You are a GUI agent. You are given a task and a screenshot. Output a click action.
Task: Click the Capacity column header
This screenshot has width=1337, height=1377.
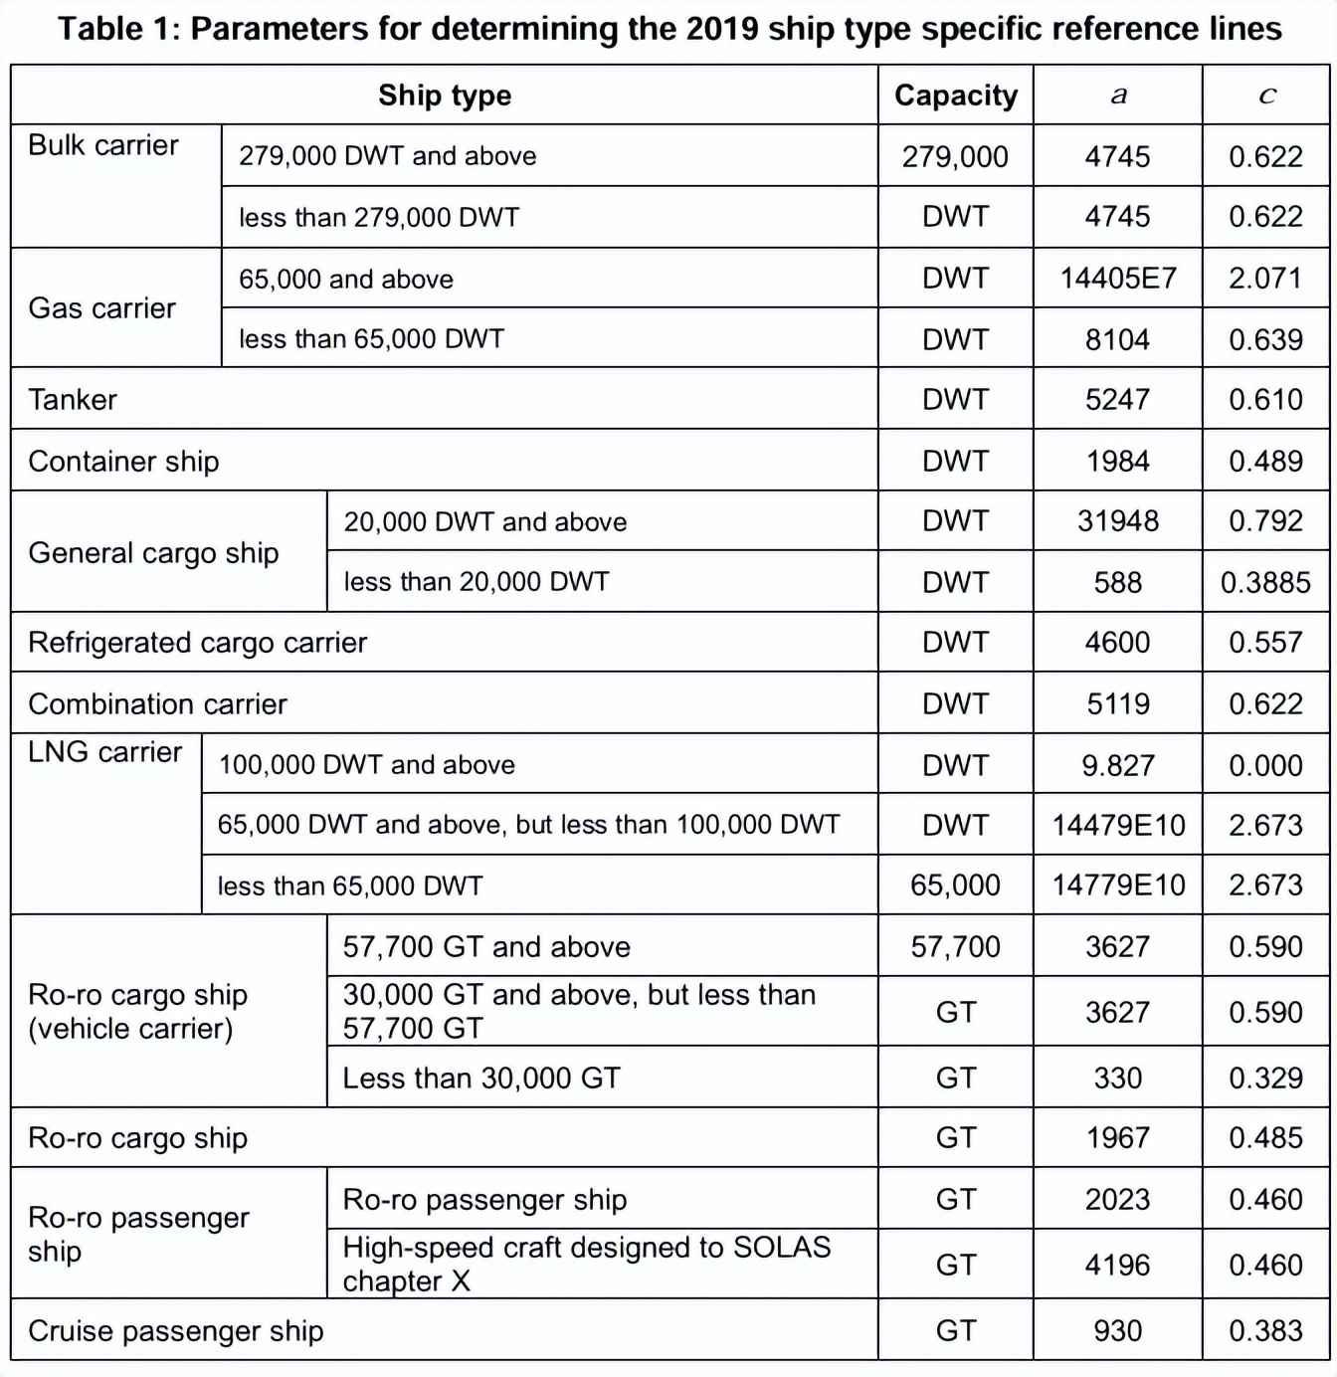955,96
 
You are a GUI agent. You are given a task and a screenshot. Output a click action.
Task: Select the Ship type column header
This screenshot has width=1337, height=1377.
445,96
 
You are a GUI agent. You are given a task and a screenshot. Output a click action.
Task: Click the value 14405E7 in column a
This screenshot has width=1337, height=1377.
1117,279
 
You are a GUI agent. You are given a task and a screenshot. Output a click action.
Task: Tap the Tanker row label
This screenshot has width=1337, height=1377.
73,400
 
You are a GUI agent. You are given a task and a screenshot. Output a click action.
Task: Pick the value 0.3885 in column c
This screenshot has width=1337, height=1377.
1265,582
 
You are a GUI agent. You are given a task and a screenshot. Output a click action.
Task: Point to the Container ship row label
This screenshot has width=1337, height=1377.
123,462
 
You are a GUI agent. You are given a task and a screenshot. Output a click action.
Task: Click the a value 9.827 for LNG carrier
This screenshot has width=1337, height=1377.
1117,765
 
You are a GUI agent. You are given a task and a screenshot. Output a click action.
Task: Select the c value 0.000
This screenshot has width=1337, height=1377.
1265,765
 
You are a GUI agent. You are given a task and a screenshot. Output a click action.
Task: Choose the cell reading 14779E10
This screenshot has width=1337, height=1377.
1118,885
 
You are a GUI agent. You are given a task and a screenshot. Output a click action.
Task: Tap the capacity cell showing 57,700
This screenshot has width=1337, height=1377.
955,946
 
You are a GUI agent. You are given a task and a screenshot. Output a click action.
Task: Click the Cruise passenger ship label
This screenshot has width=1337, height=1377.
176,1331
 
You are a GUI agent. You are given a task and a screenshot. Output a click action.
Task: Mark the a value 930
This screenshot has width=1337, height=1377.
1117,1331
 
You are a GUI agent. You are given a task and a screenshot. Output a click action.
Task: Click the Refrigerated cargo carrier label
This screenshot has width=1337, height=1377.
197,643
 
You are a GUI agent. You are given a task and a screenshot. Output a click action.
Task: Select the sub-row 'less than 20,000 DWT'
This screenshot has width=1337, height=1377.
476,582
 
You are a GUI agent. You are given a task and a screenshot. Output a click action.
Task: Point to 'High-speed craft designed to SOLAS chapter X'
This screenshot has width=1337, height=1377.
586,1264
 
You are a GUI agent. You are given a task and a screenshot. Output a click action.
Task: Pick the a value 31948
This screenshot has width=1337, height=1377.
1117,521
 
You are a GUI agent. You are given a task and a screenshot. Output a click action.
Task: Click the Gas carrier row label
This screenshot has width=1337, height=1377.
101,308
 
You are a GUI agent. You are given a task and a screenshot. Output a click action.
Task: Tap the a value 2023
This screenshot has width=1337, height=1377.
1117,1200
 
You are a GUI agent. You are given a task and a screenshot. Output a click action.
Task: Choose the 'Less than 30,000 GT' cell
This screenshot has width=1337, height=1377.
480,1079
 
